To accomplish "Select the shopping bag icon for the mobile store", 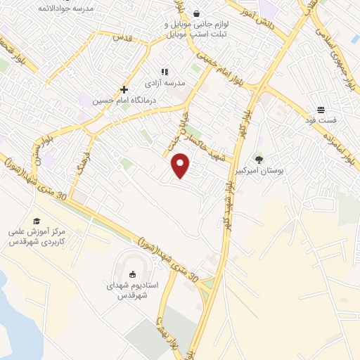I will click(196, 13).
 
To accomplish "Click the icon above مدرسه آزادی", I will click(165, 72).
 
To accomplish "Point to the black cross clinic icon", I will click(124, 89).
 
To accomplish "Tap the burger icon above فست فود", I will click(321, 110).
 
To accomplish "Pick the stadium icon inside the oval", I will click(133, 274).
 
